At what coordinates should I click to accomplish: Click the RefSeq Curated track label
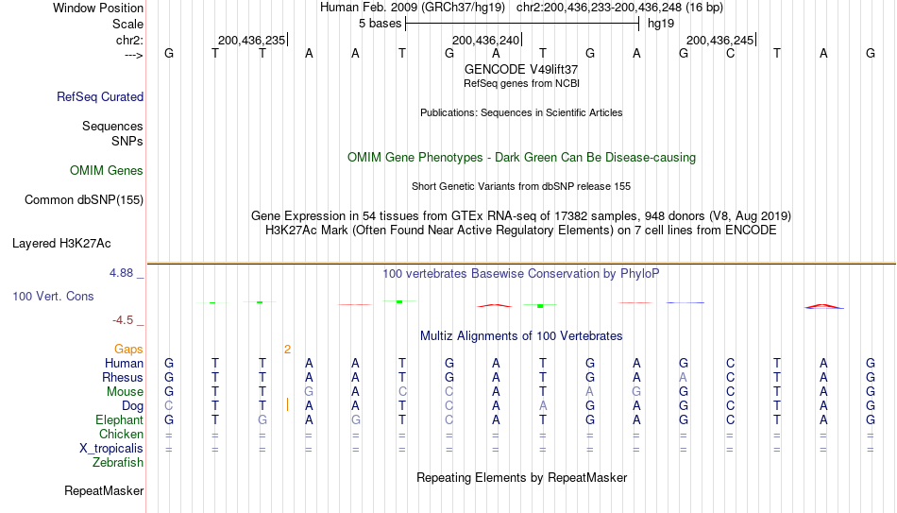tap(100, 96)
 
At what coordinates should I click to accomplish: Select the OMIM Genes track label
tap(107, 171)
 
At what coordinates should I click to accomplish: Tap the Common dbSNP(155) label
tap(84, 200)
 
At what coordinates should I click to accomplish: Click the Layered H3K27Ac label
tap(61, 244)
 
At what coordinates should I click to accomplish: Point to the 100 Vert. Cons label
tap(53, 296)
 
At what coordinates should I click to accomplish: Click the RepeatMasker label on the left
tap(104, 490)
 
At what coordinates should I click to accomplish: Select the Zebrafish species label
tap(118, 462)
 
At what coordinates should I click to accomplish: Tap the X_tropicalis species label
tap(111, 449)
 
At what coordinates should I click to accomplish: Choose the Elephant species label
tap(119, 419)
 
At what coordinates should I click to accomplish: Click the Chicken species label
tap(121, 434)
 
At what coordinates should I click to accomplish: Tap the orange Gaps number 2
tap(287, 350)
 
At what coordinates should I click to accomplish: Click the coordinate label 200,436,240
tap(485, 40)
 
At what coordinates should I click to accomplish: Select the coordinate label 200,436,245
tap(719, 40)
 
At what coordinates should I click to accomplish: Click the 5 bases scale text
tap(380, 24)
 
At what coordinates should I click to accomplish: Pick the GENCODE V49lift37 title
tap(521, 69)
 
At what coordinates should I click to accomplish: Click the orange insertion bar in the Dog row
tap(287, 405)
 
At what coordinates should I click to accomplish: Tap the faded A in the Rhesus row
tap(683, 377)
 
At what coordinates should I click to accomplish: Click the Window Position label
tap(98, 8)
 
